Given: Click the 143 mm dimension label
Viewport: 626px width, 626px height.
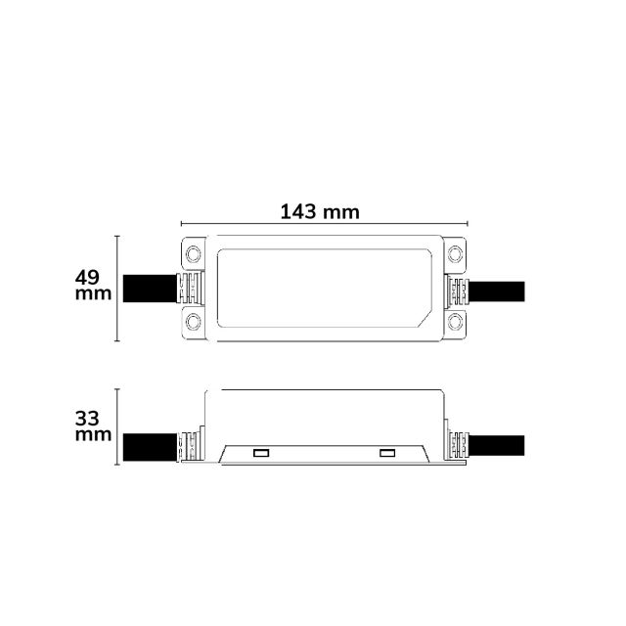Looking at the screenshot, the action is point(320,211).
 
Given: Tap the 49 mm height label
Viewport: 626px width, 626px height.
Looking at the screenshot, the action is point(93,285).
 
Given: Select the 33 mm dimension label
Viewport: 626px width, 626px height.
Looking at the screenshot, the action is point(93,426).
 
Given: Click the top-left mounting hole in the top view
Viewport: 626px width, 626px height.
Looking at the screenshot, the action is point(194,254).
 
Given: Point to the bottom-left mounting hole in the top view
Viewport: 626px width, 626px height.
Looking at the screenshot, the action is point(194,322).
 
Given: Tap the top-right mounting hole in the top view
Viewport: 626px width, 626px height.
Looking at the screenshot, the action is point(455,254).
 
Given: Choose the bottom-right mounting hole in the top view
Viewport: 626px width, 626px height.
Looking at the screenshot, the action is point(455,322).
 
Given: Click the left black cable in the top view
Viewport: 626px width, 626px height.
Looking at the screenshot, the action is point(150,289).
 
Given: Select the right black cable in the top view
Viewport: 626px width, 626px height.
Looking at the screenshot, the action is point(497,291).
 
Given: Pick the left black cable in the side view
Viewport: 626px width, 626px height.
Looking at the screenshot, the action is point(150,447).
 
